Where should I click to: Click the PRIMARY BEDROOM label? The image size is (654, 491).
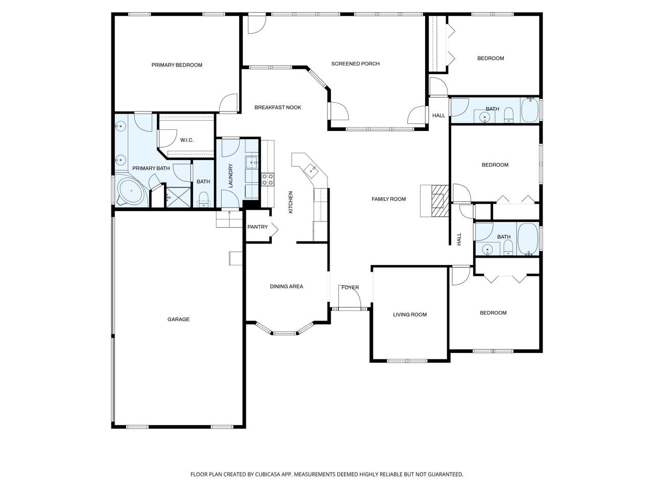click(177, 65)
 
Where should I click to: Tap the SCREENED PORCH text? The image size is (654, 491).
click(355, 63)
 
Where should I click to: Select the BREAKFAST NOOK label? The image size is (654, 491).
click(277, 107)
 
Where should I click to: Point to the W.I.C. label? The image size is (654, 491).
click(187, 140)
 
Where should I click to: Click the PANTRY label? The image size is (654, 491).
click(258, 227)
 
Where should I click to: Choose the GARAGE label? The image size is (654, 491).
click(178, 319)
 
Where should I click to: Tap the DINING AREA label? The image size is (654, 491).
click(286, 286)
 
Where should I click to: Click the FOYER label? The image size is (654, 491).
click(350, 287)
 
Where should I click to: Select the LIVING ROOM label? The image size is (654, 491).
click(410, 315)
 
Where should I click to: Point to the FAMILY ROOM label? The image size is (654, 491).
click(388, 199)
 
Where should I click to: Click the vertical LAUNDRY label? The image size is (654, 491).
click(230, 175)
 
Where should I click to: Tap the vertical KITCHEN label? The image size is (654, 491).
click(291, 202)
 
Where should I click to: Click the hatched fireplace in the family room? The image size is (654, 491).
click(440, 200)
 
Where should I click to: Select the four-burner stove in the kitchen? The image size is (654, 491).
click(268, 180)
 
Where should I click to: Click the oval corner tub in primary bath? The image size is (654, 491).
click(131, 191)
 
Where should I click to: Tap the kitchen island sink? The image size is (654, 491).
click(311, 169)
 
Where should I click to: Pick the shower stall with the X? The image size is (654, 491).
click(178, 197)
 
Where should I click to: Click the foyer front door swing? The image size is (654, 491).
click(349, 296)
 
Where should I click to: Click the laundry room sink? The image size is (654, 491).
click(252, 163)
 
